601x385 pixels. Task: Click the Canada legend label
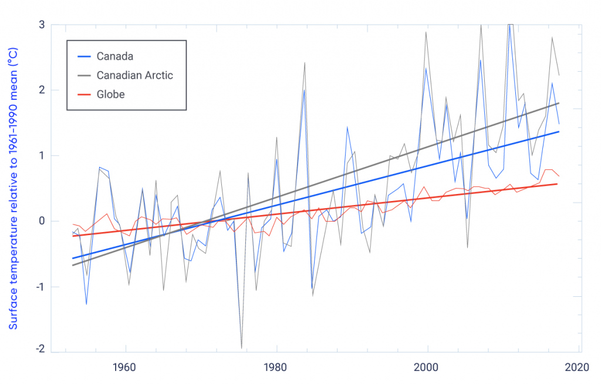click(x=115, y=56)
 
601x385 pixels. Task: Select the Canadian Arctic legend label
click(x=134, y=75)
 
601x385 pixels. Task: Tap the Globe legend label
click(x=110, y=94)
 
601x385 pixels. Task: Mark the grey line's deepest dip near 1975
click(x=241, y=349)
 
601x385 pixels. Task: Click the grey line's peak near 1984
click(x=305, y=62)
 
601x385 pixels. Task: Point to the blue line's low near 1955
click(x=86, y=304)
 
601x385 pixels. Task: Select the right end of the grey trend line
click(x=575, y=103)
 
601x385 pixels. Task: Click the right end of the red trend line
click(x=574, y=184)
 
